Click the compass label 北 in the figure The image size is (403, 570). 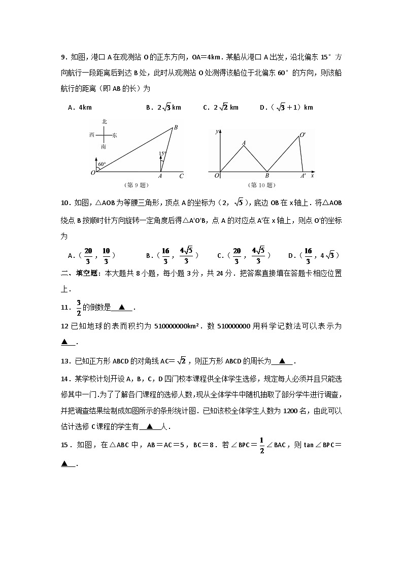(x=104, y=121)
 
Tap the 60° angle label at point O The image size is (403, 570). (x=102, y=164)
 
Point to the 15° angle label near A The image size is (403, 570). (x=162, y=153)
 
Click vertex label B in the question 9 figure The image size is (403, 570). (x=176, y=127)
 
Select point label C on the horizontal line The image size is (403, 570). (x=181, y=176)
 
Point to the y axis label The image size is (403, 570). (x=217, y=131)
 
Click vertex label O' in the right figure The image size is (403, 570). (x=303, y=135)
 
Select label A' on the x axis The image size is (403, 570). (x=303, y=176)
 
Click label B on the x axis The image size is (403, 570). (x=267, y=176)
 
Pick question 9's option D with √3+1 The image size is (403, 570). (x=286, y=107)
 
